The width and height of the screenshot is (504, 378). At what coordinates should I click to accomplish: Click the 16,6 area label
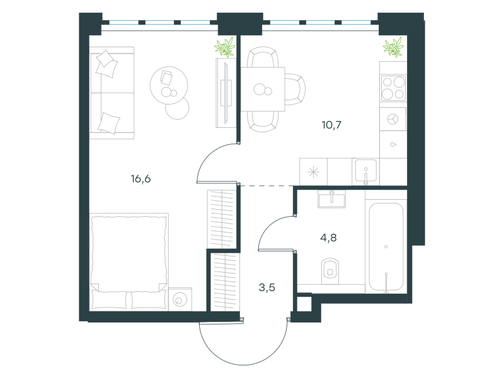pos(140,178)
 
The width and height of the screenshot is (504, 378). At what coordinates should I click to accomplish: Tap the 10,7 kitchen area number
pos(331,125)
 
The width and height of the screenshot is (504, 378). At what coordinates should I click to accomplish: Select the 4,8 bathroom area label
pos(328,238)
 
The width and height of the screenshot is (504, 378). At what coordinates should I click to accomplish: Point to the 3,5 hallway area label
pos(266,287)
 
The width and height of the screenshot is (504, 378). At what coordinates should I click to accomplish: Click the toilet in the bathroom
pos(330,271)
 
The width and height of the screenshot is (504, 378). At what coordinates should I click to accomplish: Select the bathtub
pos(386,246)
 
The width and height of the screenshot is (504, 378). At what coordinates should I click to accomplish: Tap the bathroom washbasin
pos(332,199)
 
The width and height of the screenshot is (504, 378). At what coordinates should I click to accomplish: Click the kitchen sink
pos(366,171)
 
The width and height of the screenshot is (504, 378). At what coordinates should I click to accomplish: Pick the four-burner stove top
pos(393,88)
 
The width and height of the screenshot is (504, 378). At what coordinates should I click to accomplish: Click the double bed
pos(129,261)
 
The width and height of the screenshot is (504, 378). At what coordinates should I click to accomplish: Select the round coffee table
pos(169,85)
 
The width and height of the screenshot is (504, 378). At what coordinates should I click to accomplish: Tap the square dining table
pos(263,89)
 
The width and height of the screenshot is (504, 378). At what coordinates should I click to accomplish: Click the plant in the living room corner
pos(225,47)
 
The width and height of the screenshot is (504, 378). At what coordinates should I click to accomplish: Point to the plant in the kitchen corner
pos(393,47)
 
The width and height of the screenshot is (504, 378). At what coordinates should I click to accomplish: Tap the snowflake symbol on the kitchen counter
pos(313,172)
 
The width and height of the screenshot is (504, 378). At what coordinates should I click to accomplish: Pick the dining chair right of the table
pos(295,89)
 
